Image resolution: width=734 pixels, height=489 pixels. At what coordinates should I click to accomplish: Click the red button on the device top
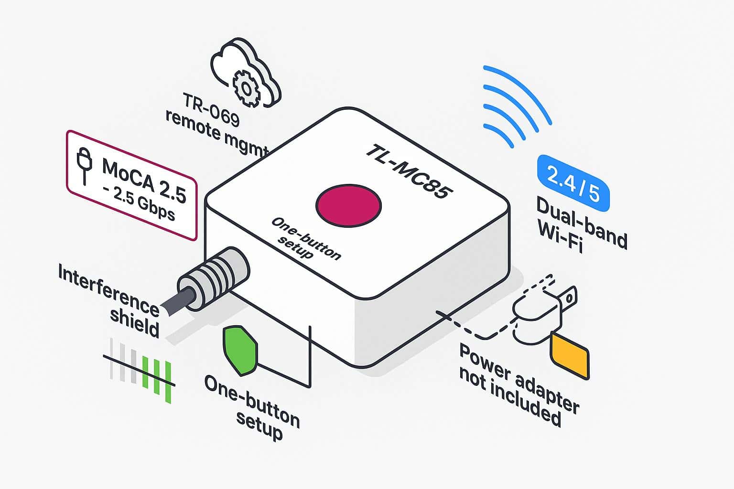[348, 205]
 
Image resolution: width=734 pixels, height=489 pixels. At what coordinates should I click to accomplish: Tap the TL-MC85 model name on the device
[409, 171]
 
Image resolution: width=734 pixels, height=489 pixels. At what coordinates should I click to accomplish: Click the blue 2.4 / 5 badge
[573, 183]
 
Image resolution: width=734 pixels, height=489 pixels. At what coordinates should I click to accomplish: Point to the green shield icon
[240, 350]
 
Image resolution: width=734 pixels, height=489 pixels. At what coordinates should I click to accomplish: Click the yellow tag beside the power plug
[570, 356]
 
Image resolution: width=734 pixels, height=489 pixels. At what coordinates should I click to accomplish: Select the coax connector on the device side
[215, 276]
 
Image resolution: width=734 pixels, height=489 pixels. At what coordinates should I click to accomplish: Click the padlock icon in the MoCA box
[85, 165]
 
